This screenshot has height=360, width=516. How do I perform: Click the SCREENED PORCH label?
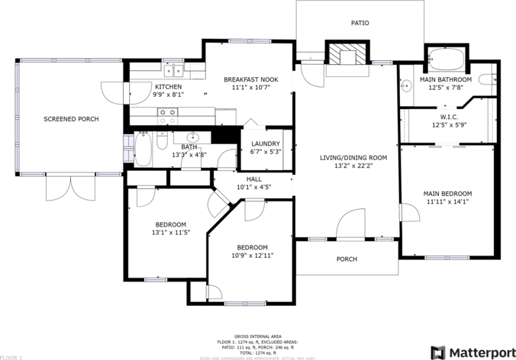[71, 119]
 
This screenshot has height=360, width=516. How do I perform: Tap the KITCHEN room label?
[168, 87]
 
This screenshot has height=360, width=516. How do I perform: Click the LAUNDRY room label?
[265, 143]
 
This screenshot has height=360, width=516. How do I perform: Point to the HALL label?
[253, 178]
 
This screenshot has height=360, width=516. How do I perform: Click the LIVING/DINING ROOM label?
[353, 158]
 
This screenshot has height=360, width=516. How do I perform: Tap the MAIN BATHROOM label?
[445, 79]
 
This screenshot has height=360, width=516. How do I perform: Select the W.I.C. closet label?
[449, 117]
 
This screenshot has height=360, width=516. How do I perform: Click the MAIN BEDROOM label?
[447, 194]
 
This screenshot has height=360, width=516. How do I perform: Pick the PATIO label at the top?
[360, 23]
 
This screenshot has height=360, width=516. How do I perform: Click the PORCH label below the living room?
[347, 259]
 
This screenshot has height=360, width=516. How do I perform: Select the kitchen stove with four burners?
[167, 116]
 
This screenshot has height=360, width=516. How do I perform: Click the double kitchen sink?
[173, 71]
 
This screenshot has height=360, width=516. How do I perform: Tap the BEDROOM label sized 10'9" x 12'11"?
[251, 247]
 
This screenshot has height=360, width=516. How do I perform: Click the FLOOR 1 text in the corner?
[11, 356]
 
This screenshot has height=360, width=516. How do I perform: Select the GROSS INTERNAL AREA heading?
[257, 336]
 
